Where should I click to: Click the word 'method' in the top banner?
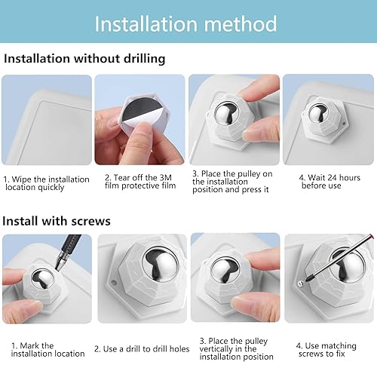click(241, 23)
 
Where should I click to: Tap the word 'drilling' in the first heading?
click(144, 59)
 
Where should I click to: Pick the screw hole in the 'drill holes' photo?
click(113, 283)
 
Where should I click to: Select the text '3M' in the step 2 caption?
click(166, 178)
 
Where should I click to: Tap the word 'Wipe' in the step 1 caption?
click(22, 179)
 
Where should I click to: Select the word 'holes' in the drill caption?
click(179, 349)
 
